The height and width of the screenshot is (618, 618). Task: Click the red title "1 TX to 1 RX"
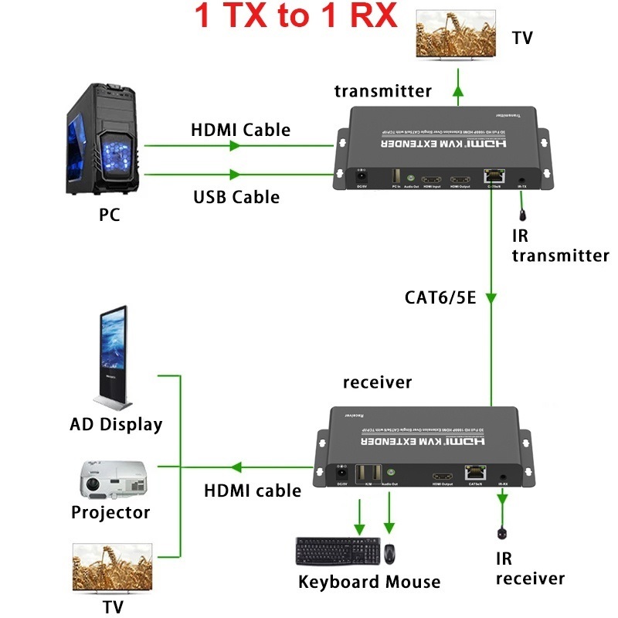pos(296,16)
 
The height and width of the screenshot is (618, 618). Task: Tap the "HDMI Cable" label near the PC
pos(240,130)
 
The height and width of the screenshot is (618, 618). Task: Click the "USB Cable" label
pos(236,197)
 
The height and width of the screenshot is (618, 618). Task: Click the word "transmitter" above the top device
pos(382,91)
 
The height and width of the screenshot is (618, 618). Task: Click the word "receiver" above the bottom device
pos(377,382)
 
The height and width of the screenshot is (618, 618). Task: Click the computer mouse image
pos(391,554)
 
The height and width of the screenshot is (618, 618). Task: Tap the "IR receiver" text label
pos(529,569)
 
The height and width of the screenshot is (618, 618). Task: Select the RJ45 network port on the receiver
pos(474,474)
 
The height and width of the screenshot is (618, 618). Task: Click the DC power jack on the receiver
pos(338,474)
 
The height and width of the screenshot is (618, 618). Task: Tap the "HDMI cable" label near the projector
pos(252,491)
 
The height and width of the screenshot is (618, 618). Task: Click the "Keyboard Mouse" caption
pos(368,582)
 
